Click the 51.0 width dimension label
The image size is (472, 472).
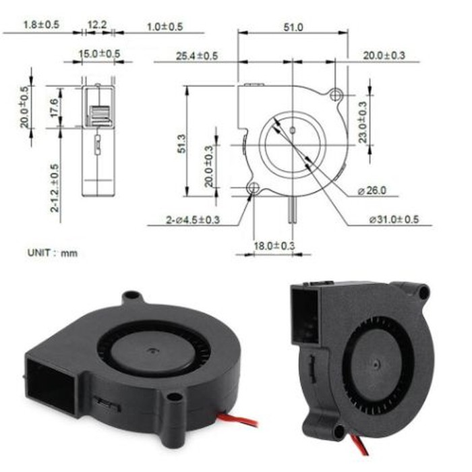pyautogui.click(x=292, y=27)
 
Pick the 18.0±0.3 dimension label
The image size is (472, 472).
pyautogui.click(x=274, y=247)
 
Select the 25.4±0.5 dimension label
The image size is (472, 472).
pyautogui.click(x=196, y=55)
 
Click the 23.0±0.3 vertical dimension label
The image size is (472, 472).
pyautogui.click(x=363, y=122)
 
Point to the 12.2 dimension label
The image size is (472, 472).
pyautogui.click(x=97, y=24)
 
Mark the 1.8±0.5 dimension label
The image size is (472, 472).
pyautogui.click(x=41, y=24)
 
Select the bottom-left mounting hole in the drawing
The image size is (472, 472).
pyautogui.click(x=253, y=188)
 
